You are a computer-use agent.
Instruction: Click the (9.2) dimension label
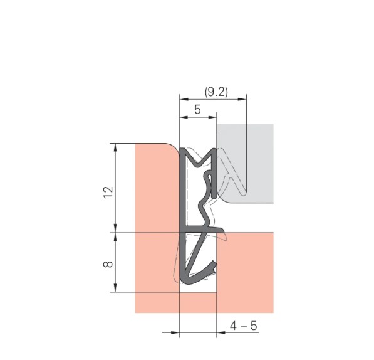point(216,92)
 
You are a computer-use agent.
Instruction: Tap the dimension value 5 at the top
point(197,110)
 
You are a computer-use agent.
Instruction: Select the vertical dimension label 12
point(108,192)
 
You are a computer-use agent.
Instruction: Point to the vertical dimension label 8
point(108,264)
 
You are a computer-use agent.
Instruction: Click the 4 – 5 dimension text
point(244,326)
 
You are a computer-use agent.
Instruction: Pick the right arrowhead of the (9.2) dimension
point(242,99)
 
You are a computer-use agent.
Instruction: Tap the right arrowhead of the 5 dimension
point(212,117)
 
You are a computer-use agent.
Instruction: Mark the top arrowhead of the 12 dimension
point(115,148)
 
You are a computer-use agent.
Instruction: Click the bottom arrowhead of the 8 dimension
point(115,288)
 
